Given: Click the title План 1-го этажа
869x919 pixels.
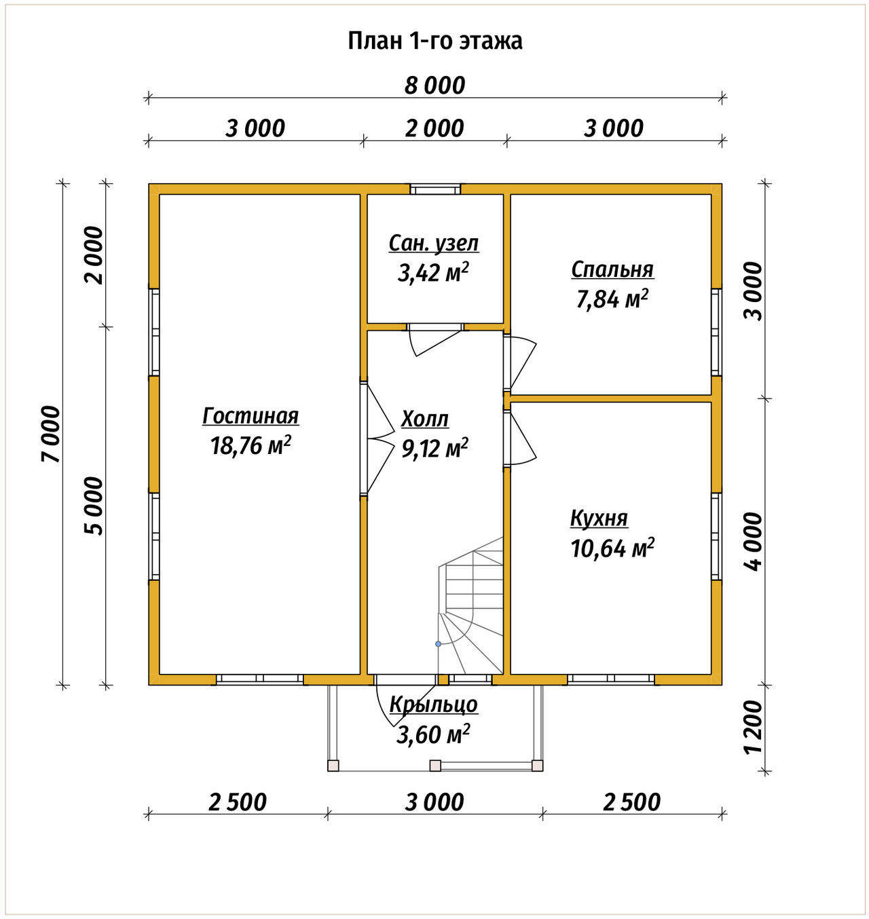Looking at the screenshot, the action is (x=434, y=41).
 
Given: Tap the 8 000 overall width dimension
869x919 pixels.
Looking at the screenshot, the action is (x=434, y=86).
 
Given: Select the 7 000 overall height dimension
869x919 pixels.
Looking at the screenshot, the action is (x=51, y=434).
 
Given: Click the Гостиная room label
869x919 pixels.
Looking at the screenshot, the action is (x=251, y=415).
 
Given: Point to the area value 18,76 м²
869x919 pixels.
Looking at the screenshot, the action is (x=251, y=445).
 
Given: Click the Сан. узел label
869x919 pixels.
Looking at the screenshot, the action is (x=434, y=244).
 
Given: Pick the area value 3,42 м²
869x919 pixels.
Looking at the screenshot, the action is (x=433, y=273).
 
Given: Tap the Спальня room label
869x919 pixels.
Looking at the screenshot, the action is (x=612, y=269).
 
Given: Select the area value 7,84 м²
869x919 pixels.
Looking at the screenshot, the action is (x=612, y=299).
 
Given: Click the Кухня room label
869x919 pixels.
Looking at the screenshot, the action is (x=599, y=518).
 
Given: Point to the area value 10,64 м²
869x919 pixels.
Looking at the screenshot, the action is (x=612, y=548).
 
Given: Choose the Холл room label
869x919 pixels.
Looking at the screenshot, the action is (x=425, y=419).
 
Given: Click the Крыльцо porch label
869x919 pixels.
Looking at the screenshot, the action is (x=434, y=705).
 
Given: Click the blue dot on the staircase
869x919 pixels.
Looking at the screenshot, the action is (x=439, y=643).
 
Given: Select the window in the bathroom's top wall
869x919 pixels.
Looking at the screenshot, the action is (x=435, y=189).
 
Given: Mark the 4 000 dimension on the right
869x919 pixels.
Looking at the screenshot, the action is (x=752, y=542).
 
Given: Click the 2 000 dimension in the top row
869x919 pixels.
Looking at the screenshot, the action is (x=434, y=128).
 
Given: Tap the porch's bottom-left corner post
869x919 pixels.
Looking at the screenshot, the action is (x=333, y=766).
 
